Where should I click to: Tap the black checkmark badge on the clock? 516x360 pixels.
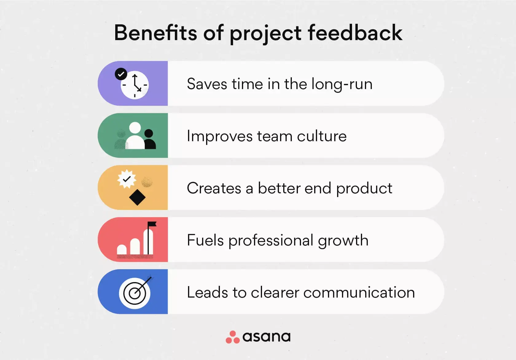(x=121, y=74)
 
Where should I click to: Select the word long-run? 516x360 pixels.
(x=342, y=84)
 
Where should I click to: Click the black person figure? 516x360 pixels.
(x=150, y=139)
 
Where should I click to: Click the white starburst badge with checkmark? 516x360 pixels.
(x=127, y=179)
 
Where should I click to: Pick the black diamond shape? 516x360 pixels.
(x=137, y=197)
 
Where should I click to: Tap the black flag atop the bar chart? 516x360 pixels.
(x=152, y=224)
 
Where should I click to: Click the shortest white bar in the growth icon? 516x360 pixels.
(x=122, y=250)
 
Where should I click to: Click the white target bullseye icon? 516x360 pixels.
(x=135, y=293)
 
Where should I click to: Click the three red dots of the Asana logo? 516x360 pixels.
(x=233, y=337)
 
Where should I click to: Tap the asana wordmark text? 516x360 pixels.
(x=266, y=337)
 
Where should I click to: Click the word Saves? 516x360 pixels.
(x=207, y=84)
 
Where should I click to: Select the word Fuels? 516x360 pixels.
(x=205, y=240)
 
